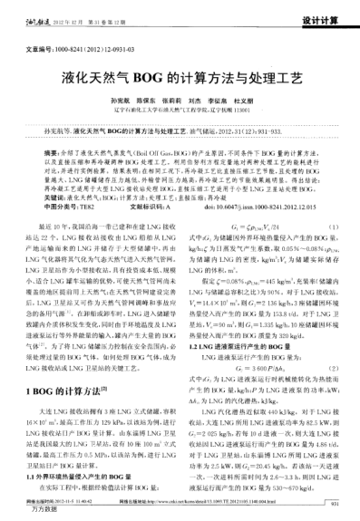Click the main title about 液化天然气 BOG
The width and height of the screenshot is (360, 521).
coord(180,79)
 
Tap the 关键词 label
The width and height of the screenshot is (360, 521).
coord(32,196)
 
